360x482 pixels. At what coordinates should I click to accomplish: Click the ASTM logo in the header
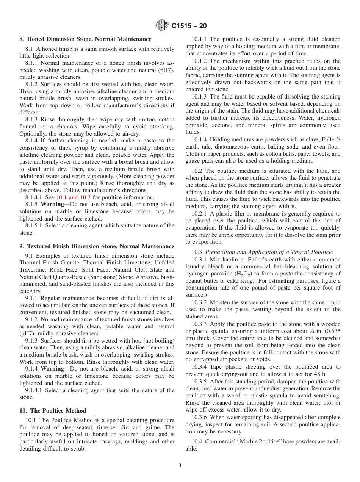click(x=162, y=26)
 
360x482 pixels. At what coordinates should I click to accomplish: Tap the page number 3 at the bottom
click(x=180, y=466)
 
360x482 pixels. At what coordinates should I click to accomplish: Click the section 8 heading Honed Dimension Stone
click(x=85, y=39)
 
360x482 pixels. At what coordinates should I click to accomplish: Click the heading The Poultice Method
click(x=53, y=411)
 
